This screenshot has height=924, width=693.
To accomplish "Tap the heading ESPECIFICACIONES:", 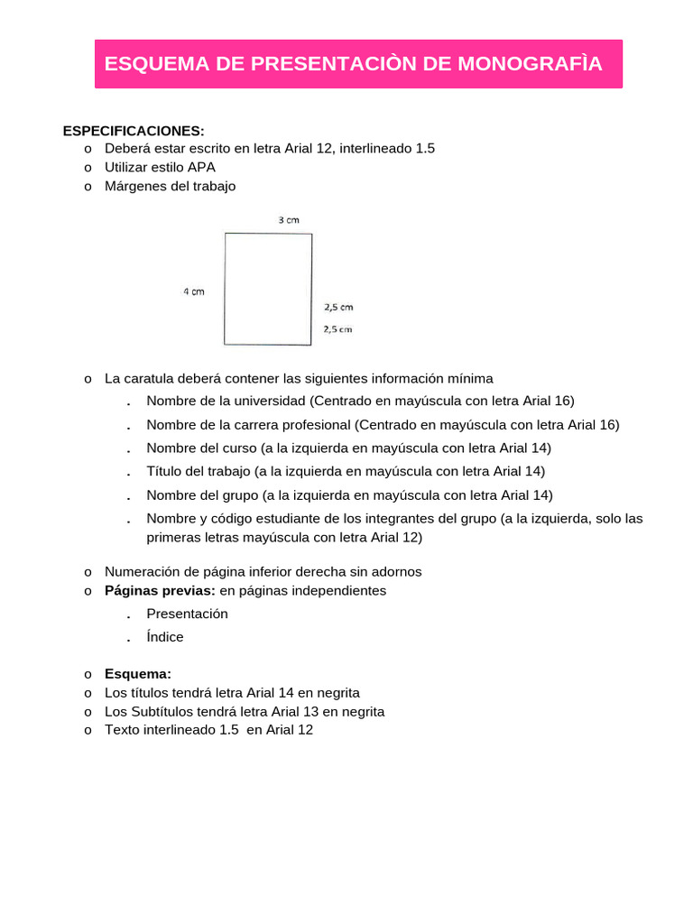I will pyautogui.click(x=134, y=131).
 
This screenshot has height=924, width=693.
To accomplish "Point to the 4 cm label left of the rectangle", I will pyautogui.click(x=193, y=291).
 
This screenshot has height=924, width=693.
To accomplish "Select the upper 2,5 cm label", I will pyautogui.click(x=338, y=307).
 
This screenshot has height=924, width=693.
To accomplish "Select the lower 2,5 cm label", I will pyautogui.click(x=338, y=329).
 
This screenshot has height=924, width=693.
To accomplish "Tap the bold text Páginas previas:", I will pyautogui.click(x=161, y=591).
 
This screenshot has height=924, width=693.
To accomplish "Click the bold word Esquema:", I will pyautogui.click(x=138, y=674).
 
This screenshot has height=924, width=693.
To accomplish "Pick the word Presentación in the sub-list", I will pyautogui.click(x=187, y=614).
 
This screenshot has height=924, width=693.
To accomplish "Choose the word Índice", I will pyautogui.click(x=165, y=637).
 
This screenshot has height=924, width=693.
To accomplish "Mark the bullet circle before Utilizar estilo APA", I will pyautogui.click(x=88, y=168).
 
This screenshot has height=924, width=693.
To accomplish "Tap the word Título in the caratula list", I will pyautogui.click(x=164, y=471).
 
